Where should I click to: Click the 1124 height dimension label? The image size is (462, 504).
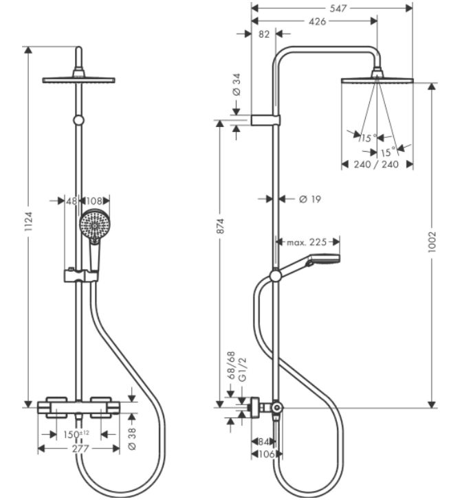click(x=28, y=221)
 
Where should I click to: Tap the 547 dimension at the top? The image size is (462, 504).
click(x=338, y=8)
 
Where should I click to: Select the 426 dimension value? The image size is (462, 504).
click(x=317, y=21)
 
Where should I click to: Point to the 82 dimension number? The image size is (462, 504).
click(x=264, y=34)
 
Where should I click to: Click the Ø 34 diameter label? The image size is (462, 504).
click(x=236, y=84)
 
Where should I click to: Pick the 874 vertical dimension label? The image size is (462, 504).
click(x=220, y=226)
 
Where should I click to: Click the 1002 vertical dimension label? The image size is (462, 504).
click(x=432, y=242)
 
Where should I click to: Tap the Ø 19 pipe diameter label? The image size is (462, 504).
click(x=310, y=199)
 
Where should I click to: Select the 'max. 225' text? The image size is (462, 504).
click(x=307, y=242)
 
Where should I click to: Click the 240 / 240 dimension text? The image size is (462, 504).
click(x=376, y=164)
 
